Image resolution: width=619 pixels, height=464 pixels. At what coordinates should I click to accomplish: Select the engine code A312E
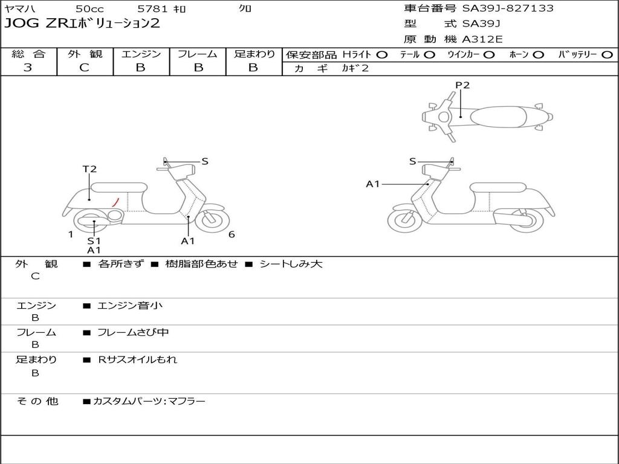click(482, 39)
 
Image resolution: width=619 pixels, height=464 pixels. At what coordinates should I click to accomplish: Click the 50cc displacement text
click(89, 8)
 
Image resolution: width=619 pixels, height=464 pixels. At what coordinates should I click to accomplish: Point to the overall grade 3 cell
click(28, 68)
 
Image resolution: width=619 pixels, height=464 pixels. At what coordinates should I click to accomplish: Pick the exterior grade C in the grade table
click(85, 68)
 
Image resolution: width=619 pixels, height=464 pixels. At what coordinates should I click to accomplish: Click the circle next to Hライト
click(381, 54)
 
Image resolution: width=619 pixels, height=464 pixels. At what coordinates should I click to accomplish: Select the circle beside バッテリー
click(606, 54)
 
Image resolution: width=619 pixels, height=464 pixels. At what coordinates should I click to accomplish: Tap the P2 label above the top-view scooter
click(462, 85)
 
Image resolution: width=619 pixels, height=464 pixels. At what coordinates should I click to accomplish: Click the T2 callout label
click(89, 169)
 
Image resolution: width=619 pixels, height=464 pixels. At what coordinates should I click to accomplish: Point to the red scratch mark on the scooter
click(115, 201)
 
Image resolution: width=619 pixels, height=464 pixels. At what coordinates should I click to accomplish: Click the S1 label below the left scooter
click(94, 240)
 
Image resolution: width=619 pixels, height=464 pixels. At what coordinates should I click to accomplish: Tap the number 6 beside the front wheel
click(232, 234)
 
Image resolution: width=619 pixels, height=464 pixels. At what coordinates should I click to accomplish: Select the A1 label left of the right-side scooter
click(373, 184)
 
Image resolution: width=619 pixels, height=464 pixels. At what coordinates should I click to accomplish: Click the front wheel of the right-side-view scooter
click(404, 221)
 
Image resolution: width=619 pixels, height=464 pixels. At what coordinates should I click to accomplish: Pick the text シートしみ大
click(291, 264)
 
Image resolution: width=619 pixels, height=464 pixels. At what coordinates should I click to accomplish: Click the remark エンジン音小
click(130, 306)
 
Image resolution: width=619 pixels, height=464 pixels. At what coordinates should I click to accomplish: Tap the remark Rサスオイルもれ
click(138, 359)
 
